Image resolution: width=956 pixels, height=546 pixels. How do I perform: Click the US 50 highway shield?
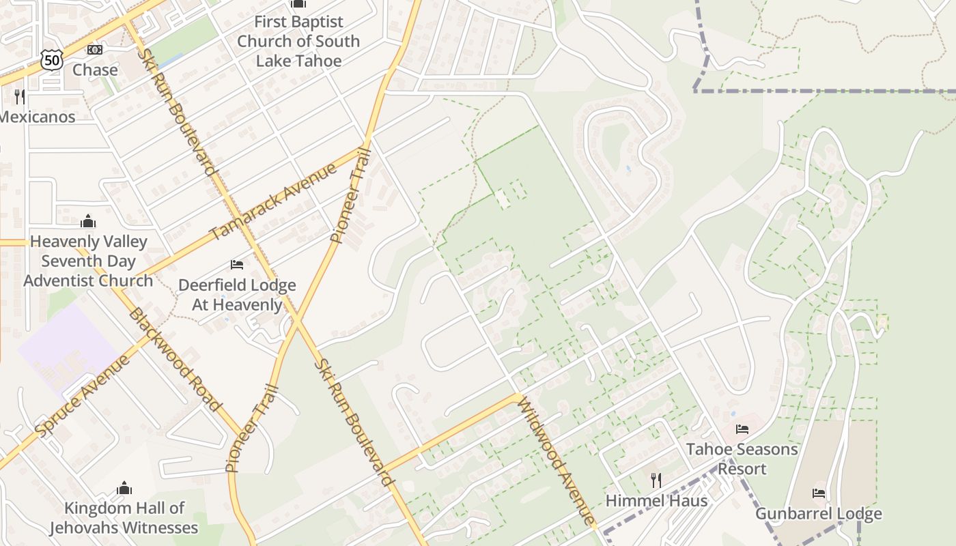pos(51,60)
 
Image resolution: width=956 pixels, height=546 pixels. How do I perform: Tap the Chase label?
pos(95,70)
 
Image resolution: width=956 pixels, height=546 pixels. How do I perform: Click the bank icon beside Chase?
pos(95,50)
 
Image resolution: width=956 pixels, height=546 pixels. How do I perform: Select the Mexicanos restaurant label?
pos(37,116)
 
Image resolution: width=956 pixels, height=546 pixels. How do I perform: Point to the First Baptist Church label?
pos(298,41)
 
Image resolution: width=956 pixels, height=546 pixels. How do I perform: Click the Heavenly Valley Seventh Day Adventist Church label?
pos(88,261)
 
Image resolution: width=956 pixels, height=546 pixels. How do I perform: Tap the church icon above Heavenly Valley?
pos(88,221)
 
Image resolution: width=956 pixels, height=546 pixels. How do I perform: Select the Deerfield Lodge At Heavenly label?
pos(237,294)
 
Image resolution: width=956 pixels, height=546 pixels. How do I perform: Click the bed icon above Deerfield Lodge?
pos(237,264)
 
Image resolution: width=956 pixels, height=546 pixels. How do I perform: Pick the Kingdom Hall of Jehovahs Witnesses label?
pos(124,517)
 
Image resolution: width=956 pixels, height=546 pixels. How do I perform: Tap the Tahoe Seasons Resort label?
pos(742,459)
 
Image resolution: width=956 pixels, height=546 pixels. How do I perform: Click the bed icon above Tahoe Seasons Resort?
pos(742,429)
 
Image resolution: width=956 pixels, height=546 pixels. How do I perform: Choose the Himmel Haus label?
pos(656,500)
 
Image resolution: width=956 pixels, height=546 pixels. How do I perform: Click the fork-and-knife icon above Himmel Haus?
pos(656,480)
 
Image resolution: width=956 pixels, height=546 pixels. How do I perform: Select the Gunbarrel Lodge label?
pos(818,513)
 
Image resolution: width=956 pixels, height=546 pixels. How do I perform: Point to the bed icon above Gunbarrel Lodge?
pos(818,493)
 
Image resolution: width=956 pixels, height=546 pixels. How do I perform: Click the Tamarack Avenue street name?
pos(273,201)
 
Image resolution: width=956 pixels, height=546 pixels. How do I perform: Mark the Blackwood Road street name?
pos(175,360)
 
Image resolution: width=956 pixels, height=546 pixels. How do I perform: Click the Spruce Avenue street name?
pos(83,396)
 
